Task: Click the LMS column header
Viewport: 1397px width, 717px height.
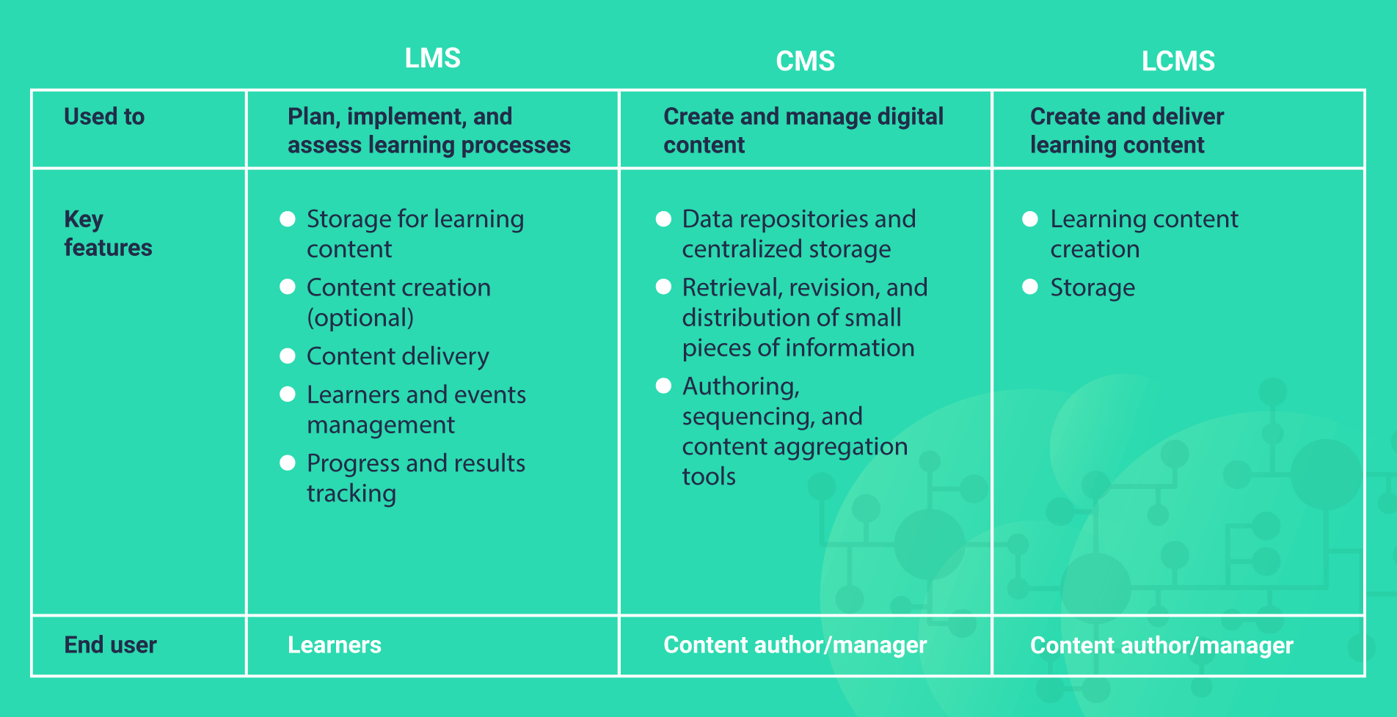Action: (433, 58)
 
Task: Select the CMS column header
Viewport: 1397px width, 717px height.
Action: (805, 61)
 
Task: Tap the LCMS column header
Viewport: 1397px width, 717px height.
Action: (1178, 61)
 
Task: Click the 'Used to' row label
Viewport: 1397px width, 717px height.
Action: (104, 117)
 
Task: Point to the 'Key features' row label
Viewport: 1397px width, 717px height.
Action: (108, 233)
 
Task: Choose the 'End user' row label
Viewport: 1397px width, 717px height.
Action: (110, 645)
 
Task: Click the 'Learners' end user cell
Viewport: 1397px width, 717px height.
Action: (335, 645)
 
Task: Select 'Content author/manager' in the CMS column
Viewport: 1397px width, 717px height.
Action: (795, 645)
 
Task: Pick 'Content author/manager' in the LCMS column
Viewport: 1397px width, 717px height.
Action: (1161, 645)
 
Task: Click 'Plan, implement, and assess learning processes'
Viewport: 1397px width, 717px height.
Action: (428, 130)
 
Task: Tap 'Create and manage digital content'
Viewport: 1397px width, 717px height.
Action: (803, 130)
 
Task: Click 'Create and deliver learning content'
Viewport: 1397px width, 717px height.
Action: (1126, 130)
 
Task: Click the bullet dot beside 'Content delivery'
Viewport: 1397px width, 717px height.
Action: (288, 356)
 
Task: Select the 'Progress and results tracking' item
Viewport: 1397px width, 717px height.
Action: (415, 478)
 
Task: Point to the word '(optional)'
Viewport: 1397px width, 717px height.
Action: (360, 318)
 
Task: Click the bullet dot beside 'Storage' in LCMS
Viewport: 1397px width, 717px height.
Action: (1030, 287)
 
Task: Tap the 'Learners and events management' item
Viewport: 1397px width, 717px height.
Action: (416, 410)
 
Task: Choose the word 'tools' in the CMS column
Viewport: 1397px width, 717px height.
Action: (709, 477)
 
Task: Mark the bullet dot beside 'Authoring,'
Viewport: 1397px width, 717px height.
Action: (663, 386)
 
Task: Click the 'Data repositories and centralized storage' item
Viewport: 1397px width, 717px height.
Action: (798, 234)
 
